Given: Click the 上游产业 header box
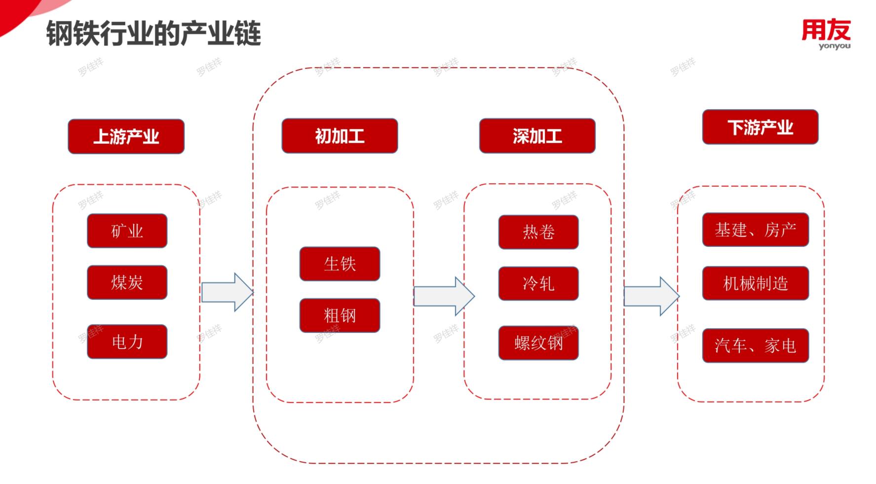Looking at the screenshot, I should click(x=126, y=136).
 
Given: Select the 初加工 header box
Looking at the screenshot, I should click(x=340, y=136).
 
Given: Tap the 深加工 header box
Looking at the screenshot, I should click(x=537, y=136).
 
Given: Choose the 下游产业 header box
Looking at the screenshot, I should click(x=760, y=127).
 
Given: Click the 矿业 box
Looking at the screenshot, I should click(x=127, y=231).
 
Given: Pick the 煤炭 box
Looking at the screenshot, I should click(x=127, y=282).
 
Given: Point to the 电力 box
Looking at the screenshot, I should click(x=127, y=341).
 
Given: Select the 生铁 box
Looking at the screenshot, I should click(x=340, y=264).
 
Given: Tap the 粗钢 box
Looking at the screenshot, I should click(x=340, y=315).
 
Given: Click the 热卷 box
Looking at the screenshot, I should click(x=538, y=232).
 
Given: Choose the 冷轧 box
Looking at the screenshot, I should click(x=538, y=283).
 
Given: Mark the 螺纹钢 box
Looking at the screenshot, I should click(x=538, y=342).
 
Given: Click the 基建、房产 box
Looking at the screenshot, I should click(x=755, y=230).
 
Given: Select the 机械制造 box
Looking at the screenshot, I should click(x=755, y=283).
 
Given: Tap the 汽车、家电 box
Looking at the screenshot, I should click(x=755, y=345).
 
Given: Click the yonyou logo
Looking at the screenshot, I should click(x=826, y=34).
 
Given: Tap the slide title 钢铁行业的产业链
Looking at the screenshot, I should click(x=153, y=34).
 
